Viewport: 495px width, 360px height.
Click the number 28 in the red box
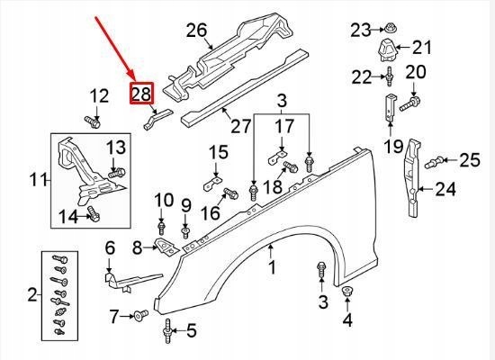(x=142, y=93)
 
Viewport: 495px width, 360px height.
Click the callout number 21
(x=422, y=47)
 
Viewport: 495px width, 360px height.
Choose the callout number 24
(x=446, y=189)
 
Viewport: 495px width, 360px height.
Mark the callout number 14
(x=68, y=215)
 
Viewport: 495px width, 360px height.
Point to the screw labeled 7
(x=141, y=315)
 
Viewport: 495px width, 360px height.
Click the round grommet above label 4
(x=348, y=292)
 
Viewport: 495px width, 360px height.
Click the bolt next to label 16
(x=229, y=192)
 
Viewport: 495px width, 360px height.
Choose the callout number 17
(x=284, y=127)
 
